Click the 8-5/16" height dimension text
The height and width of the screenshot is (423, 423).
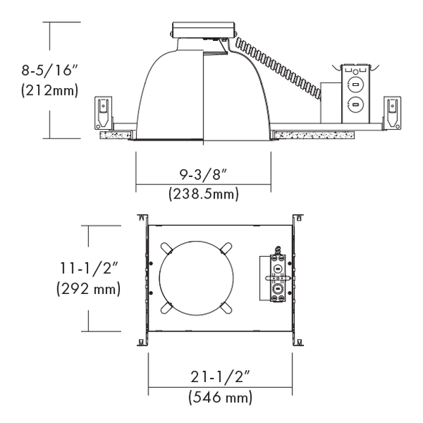[x=49, y=70]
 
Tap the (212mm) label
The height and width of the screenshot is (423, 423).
[x=50, y=90]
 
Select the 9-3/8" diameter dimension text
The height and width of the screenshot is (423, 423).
[x=203, y=175]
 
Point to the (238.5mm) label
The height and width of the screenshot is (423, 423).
[x=204, y=194]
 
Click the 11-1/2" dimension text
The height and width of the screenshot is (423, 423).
[x=89, y=268]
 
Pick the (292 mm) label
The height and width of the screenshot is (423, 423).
[x=88, y=289]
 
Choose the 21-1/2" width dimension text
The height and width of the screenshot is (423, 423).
[x=220, y=376]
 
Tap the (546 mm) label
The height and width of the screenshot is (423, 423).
[x=220, y=397]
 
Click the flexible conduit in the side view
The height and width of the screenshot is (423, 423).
[x=278, y=67]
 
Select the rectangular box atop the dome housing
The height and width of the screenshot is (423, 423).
[x=203, y=30]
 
